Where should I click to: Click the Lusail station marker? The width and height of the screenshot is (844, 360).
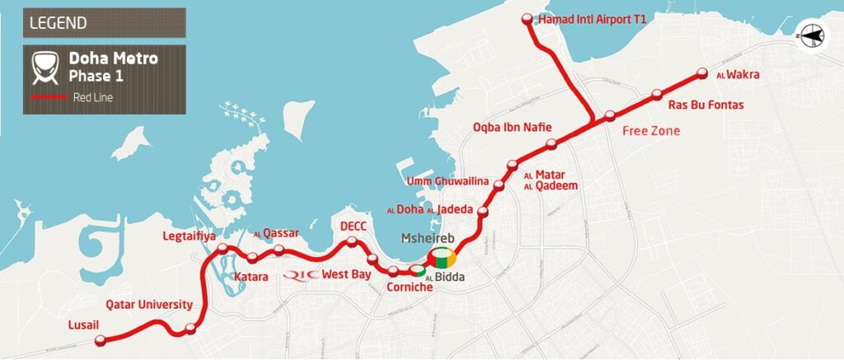click(x=101, y=339)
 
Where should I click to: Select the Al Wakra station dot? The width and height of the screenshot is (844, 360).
click(x=703, y=72)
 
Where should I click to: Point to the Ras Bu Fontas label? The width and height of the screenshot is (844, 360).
click(x=706, y=105)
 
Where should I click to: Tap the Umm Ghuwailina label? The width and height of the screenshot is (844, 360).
click(x=448, y=181)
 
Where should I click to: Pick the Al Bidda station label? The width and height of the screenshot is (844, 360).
click(x=445, y=278)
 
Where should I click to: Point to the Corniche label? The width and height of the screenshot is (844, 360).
click(x=410, y=288)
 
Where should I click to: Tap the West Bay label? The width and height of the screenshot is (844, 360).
click(x=346, y=274)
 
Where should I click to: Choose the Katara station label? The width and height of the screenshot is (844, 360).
click(x=251, y=277)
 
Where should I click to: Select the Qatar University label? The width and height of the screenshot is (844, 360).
click(x=149, y=304)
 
